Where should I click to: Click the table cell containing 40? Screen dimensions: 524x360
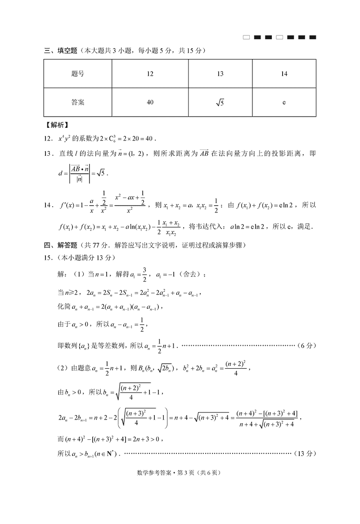[150, 102]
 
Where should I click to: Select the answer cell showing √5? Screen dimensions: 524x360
[220, 103]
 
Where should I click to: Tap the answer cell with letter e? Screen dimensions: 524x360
[284, 102]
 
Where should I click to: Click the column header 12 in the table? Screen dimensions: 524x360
[150, 74]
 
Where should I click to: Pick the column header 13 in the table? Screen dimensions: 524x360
[220, 74]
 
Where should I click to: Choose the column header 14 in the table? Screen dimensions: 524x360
[284, 74]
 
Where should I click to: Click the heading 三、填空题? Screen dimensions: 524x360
[61, 50]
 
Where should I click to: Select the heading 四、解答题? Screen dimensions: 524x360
[61, 245]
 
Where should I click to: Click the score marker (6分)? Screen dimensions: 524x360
[307, 346]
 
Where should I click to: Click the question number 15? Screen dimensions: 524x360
[48, 257]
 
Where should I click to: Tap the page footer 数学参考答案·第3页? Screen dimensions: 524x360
[180, 473]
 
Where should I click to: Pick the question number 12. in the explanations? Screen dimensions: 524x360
[48, 137]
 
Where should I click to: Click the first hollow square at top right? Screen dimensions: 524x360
[246, 37]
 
